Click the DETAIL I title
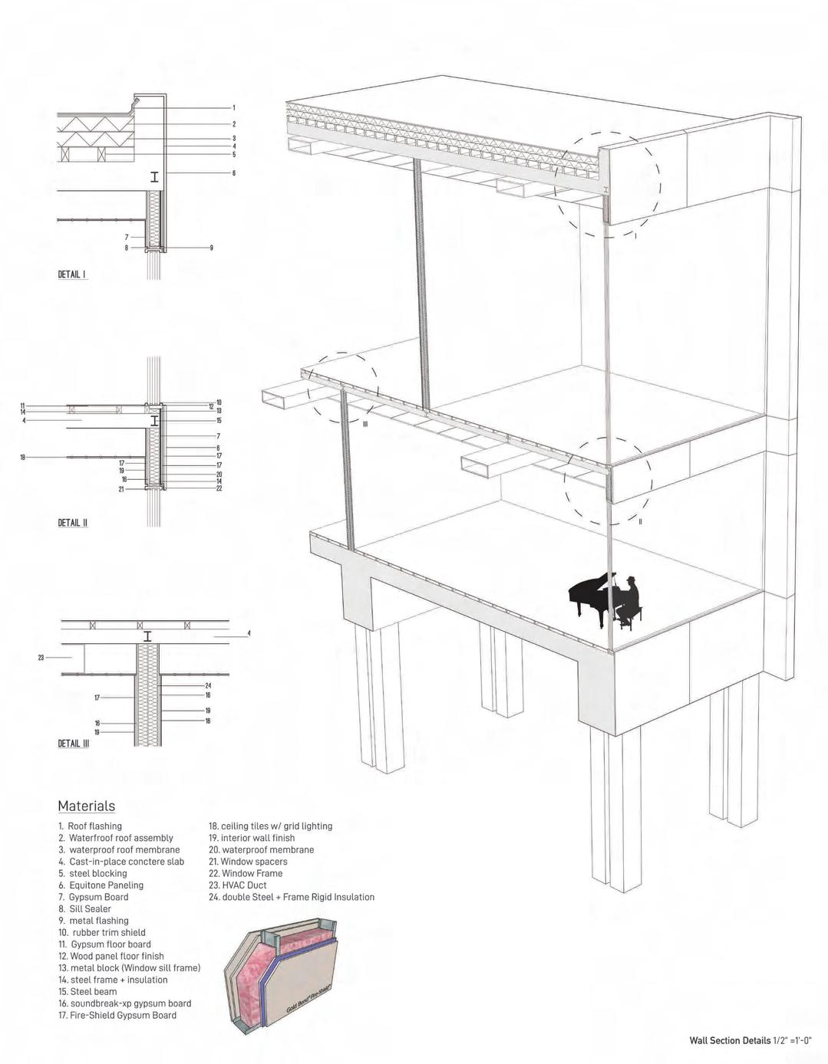pyautogui.click(x=73, y=274)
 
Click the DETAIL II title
pyautogui.click(x=73, y=523)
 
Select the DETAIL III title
pyautogui.click(x=74, y=744)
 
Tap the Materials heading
pyautogui.click(x=87, y=806)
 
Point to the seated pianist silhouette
pyautogui.click(x=630, y=602)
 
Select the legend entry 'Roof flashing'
pyautogui.click(x=90, y=826)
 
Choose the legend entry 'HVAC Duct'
pyautogui.click(x=238, y=885)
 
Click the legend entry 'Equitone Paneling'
pyautogui.click(x=101, y=885)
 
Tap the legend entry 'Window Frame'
pyautogui.click(x=246, y=873)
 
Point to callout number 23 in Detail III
pyautogui.click(x=41, y=657)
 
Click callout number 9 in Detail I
pyautogui.click(x=211, y=248)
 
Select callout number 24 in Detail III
pyautogui.click(x=208, y=685)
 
